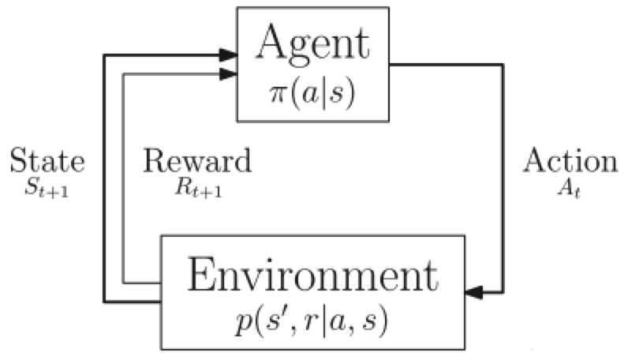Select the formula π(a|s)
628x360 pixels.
click(x=313, y=92)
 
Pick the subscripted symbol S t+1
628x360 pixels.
click(x=46, y=189)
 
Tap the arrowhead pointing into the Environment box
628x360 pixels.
click(x=475, y=292)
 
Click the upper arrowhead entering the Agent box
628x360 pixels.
click(x=228, y=54)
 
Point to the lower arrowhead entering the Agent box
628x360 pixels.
click(x=228, y=74)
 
